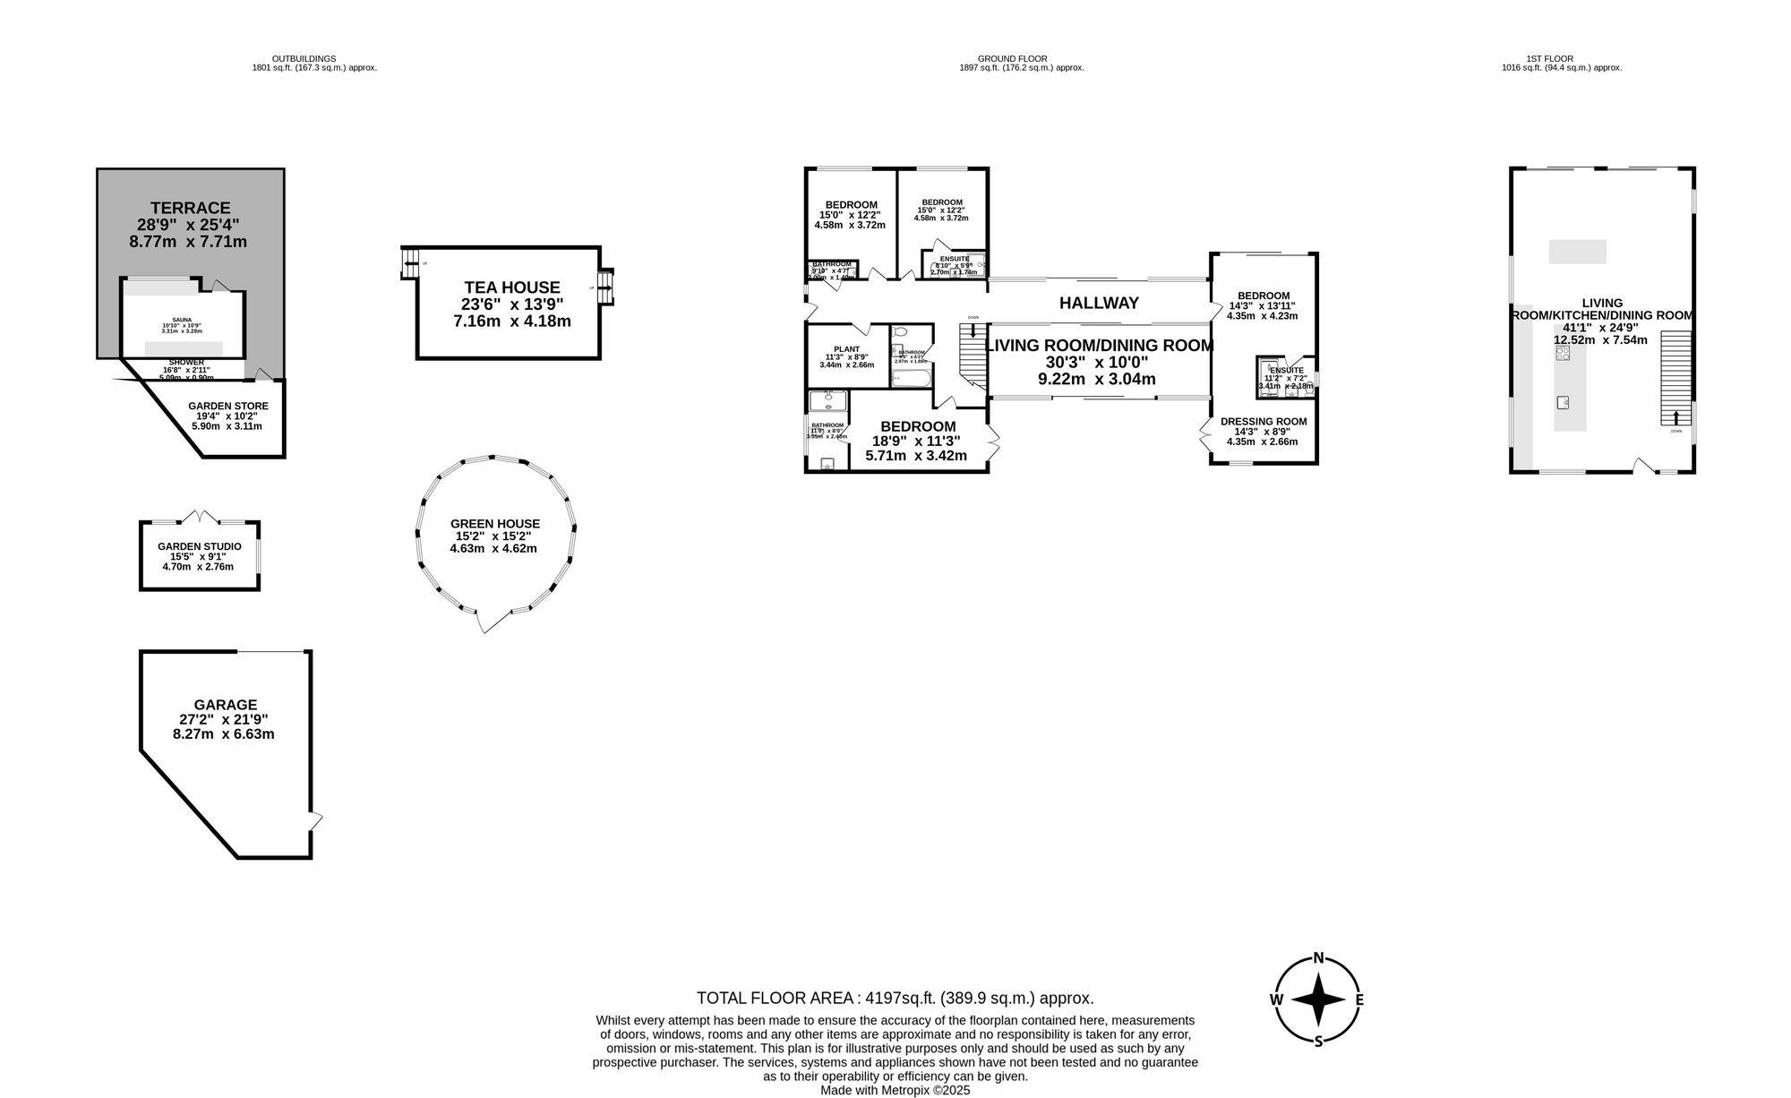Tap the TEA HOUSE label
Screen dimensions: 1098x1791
point(512,287)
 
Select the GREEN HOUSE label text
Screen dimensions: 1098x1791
point(495,524)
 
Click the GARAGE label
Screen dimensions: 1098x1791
point(225,705)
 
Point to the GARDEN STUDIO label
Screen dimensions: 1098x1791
point(199,546)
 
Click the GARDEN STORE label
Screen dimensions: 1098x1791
point(227,406)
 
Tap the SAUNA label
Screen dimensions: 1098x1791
point(182,320)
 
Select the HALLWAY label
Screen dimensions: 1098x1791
point(1099,304)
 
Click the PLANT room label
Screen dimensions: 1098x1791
point(846,349)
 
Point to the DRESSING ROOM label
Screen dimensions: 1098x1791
point(1263,421)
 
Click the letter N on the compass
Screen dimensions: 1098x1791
point(1318,957)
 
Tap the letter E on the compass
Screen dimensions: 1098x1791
point(1358,999)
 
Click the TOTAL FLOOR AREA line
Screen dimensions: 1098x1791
point(895,998)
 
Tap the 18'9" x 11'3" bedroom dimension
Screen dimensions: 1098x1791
point(915,441)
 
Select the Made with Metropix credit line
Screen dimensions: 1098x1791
point(895,1090)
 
